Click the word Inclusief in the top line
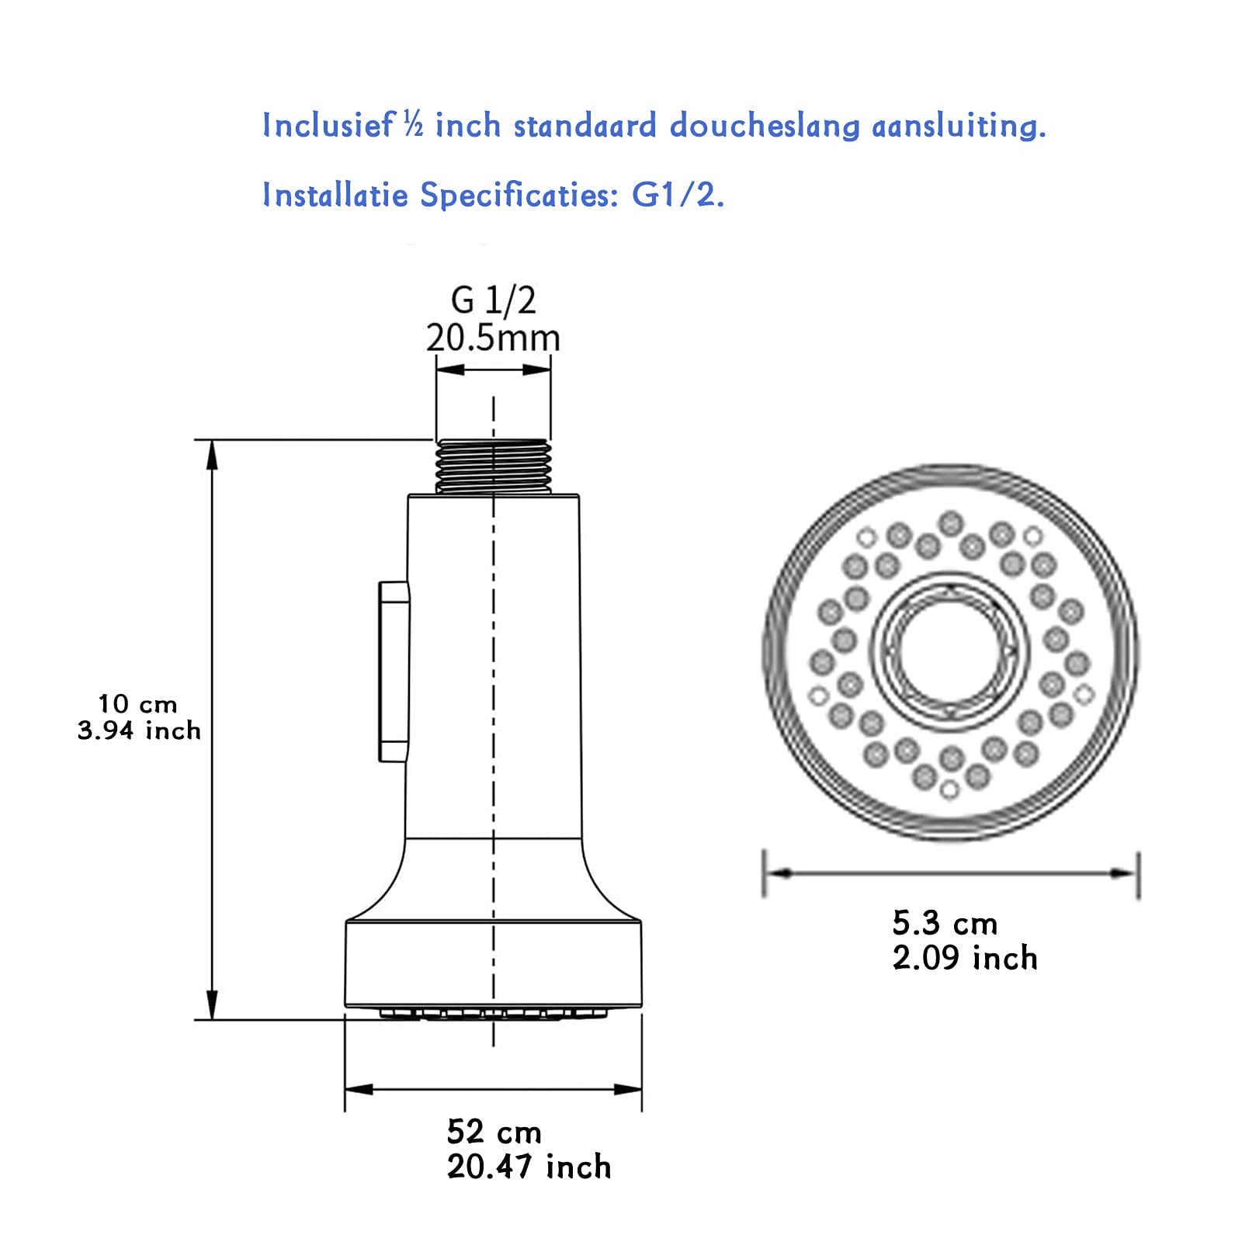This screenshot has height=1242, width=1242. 328,126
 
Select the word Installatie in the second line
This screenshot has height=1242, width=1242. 335,194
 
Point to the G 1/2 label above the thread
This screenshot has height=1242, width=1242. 493,300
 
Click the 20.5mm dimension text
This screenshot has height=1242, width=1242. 493,338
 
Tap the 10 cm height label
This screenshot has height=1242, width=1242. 137,704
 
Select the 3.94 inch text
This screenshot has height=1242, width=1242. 139,730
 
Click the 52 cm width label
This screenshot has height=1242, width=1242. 494,1132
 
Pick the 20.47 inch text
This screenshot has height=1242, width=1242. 529,1167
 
